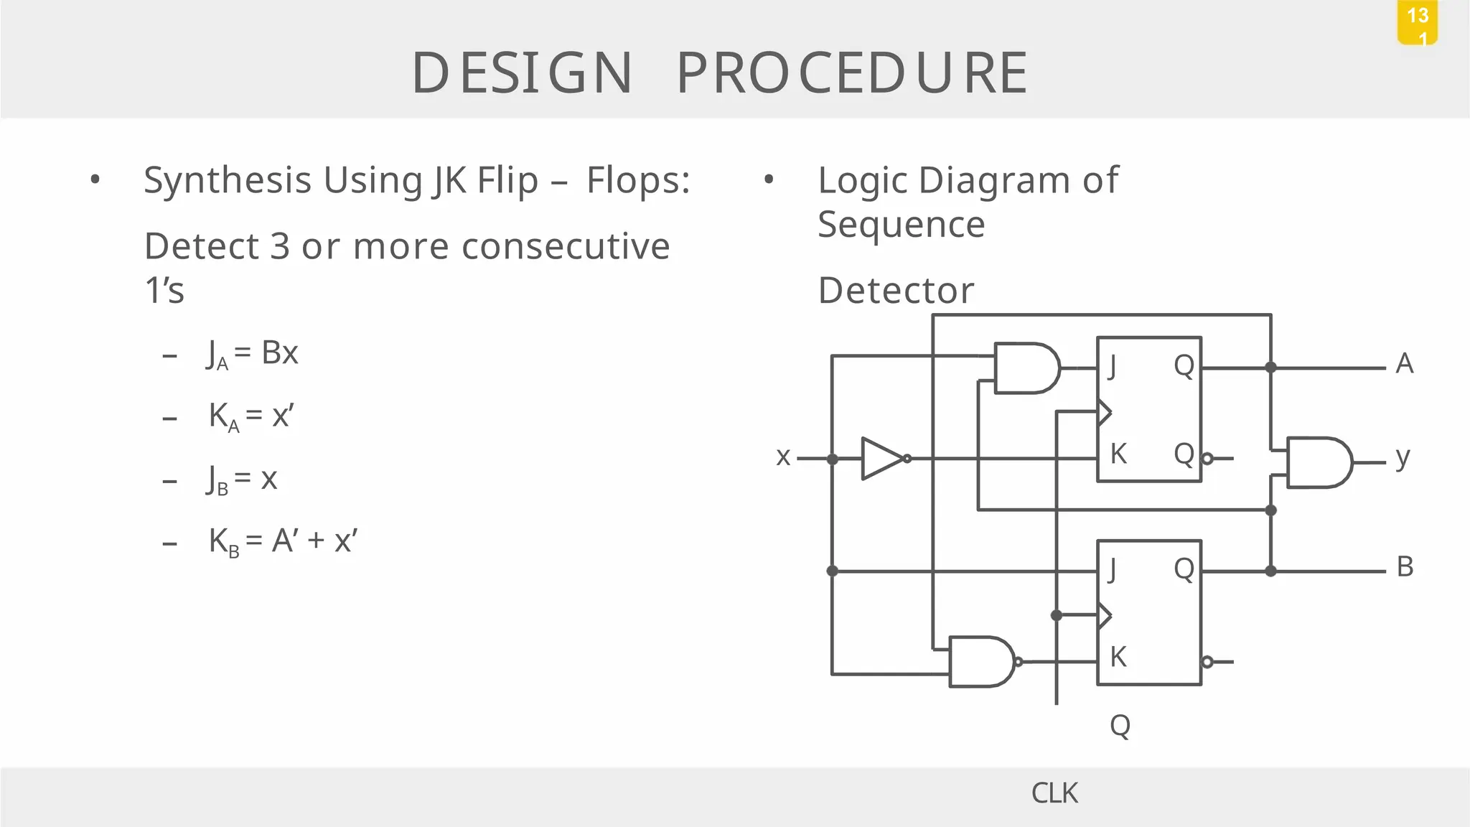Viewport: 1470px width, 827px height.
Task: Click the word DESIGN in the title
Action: (x=522, y=73)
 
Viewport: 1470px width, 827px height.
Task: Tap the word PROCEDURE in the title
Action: (x=853, y=73)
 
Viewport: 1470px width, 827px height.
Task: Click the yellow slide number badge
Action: (x=1417, y=23)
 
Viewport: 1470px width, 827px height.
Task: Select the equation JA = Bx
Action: (x=252, y=354)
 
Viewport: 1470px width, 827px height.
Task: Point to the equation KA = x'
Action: (x=251, y=416)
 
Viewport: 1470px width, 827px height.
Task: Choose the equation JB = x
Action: (x=242, y=479)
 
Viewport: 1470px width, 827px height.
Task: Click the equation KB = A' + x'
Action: (x=283, y=541)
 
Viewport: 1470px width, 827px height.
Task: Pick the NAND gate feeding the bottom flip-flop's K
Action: (x=981, y=661)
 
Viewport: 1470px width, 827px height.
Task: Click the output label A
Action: (x=1405, y=364)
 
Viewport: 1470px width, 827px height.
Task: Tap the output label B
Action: (x=1405, y=567)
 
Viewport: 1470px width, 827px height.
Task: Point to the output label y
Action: (x=1403, y=457)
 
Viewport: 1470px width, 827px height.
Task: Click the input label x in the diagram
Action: (x=783, y=457)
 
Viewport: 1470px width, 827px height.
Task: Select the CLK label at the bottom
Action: (x=1054, y=793)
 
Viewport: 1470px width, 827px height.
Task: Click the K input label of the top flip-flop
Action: (x=1118, y=454)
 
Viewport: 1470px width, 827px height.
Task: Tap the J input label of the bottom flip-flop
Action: (x=1112, y=570)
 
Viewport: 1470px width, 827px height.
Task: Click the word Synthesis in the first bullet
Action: (x=228, y=180)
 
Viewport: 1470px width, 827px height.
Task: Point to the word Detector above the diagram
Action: (x=896, y=291)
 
